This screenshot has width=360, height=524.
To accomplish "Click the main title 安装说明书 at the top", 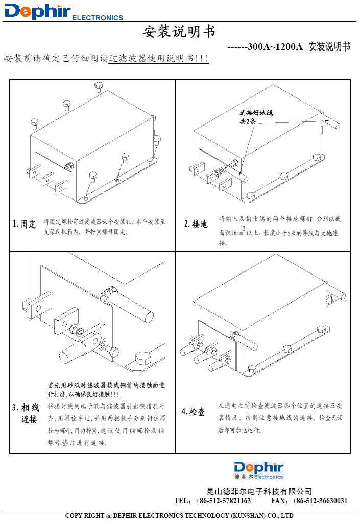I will click(179, 32).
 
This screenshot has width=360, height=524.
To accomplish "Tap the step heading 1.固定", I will click(25, 224).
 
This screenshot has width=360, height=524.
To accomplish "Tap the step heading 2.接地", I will click(196, 224).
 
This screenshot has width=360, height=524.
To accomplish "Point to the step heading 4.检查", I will click(194, 412).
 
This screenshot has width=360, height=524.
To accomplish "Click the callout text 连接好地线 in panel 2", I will click(256, 113).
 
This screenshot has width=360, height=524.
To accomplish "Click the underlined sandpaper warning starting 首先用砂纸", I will click(106, 389).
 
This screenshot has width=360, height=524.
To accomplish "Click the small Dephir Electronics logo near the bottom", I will click(258, 470).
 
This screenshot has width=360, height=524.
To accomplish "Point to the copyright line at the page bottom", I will click(179, 515).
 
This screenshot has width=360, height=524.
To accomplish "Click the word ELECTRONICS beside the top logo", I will click(98, 18).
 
